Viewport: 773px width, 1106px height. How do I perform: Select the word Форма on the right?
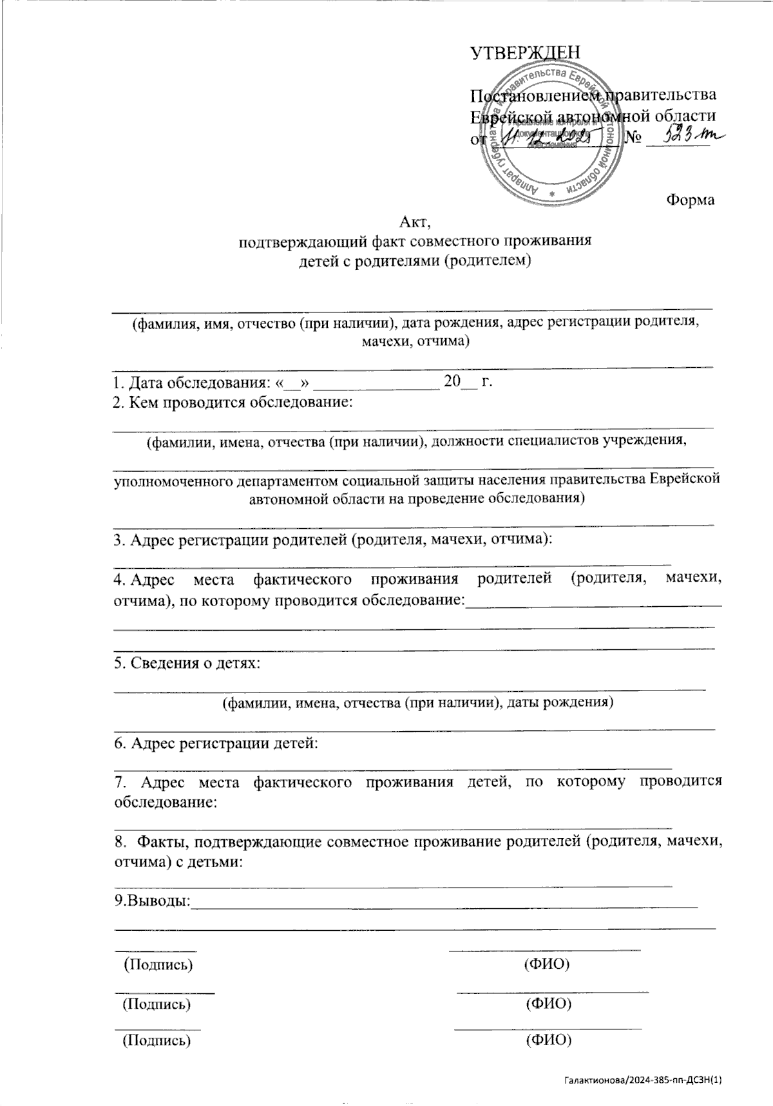(x=690, y=200)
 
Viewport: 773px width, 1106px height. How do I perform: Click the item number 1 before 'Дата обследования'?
(x=117, y=383)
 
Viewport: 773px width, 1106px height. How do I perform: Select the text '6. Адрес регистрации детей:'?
(x=216, y=743)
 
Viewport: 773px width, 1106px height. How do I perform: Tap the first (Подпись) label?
(x=158, y=964)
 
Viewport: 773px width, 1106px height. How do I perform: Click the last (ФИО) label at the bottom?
(x=549, y=1040)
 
